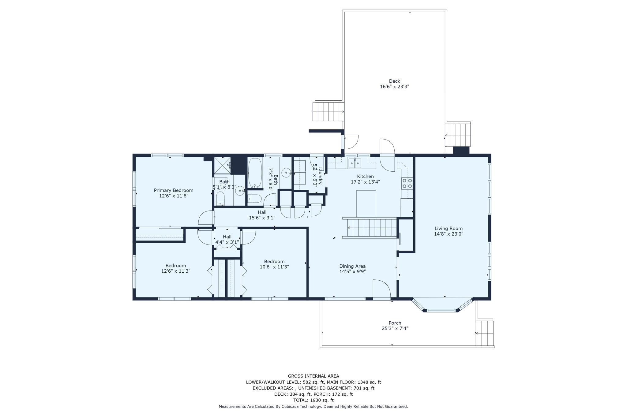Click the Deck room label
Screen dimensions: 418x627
tap(394, 81)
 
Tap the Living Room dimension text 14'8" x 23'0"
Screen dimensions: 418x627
tap(449, 234)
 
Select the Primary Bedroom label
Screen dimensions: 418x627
tap(173, 190)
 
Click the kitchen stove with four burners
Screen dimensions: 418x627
tap(407, 183)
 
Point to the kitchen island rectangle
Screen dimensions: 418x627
tap(366, 204)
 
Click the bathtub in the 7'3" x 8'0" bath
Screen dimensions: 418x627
tap(255, 173)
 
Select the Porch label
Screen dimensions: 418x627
tap(395, 323)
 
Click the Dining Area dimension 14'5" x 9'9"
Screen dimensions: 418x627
tap(352, 271)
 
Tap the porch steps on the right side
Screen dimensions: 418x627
tap(485, 333)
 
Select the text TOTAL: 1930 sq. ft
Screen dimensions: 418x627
tap(313, 400)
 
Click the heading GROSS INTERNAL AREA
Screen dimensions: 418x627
tap(313, 376)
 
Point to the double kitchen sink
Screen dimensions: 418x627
tap(355, 163)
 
